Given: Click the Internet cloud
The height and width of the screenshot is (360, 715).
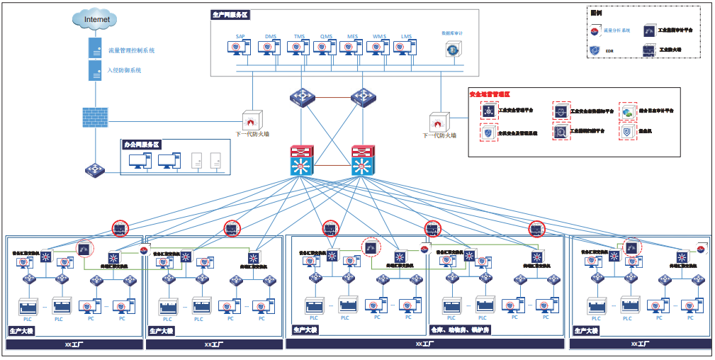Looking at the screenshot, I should click(x=97, y=20).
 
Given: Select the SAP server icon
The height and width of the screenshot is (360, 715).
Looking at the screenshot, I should click(x=239, y=48).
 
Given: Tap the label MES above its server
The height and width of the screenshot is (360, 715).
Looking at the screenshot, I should click(x=352, y=36).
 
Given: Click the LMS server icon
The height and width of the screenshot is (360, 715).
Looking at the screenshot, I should click(x=406, y=48).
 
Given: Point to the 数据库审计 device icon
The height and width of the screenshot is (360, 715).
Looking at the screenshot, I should click(x=451, y=49).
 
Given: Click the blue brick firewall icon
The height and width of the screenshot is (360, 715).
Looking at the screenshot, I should click(x=95, y=118).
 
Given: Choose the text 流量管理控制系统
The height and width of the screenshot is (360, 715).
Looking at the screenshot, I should click(x=132, y=51).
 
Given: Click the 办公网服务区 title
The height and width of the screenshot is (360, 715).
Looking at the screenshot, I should click(x=142, y=144).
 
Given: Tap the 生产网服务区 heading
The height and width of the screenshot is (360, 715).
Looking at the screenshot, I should click(x=231, y=14).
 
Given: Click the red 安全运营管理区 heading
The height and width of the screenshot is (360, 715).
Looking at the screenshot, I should click(x=490, y=94).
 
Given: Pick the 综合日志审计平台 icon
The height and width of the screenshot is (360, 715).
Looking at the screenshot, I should click(x=628, y=111).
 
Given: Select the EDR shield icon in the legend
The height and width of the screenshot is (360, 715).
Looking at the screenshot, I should click(x=595, y=50).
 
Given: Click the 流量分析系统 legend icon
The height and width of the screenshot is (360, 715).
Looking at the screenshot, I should click(x=595, y=30).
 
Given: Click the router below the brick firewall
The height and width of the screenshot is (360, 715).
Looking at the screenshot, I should click(x=95, y=170).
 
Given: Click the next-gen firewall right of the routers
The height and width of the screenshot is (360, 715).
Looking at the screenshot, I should click(x=439, y=120).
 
